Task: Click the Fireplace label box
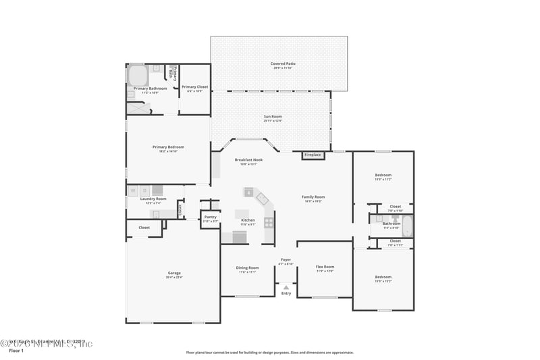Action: (313, 155)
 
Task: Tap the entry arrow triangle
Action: (286, 287)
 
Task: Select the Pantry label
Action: (210, 217)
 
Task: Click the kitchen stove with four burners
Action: (269, 221)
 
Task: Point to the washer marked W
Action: (133, 190)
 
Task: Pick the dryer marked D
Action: (144, 190)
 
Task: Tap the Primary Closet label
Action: (194, 86)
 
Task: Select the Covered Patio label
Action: (283, 63)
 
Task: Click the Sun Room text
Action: (272, 116)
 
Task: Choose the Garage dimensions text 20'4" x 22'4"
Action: (174, 277)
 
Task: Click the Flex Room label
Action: (325, 267)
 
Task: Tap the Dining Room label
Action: (247, 267)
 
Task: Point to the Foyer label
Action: (286, 259)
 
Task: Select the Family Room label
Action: (313, 197)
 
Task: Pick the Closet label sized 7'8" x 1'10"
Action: (395, 207)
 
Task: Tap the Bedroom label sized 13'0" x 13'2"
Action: (383, 277)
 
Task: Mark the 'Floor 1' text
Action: (16, 351)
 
